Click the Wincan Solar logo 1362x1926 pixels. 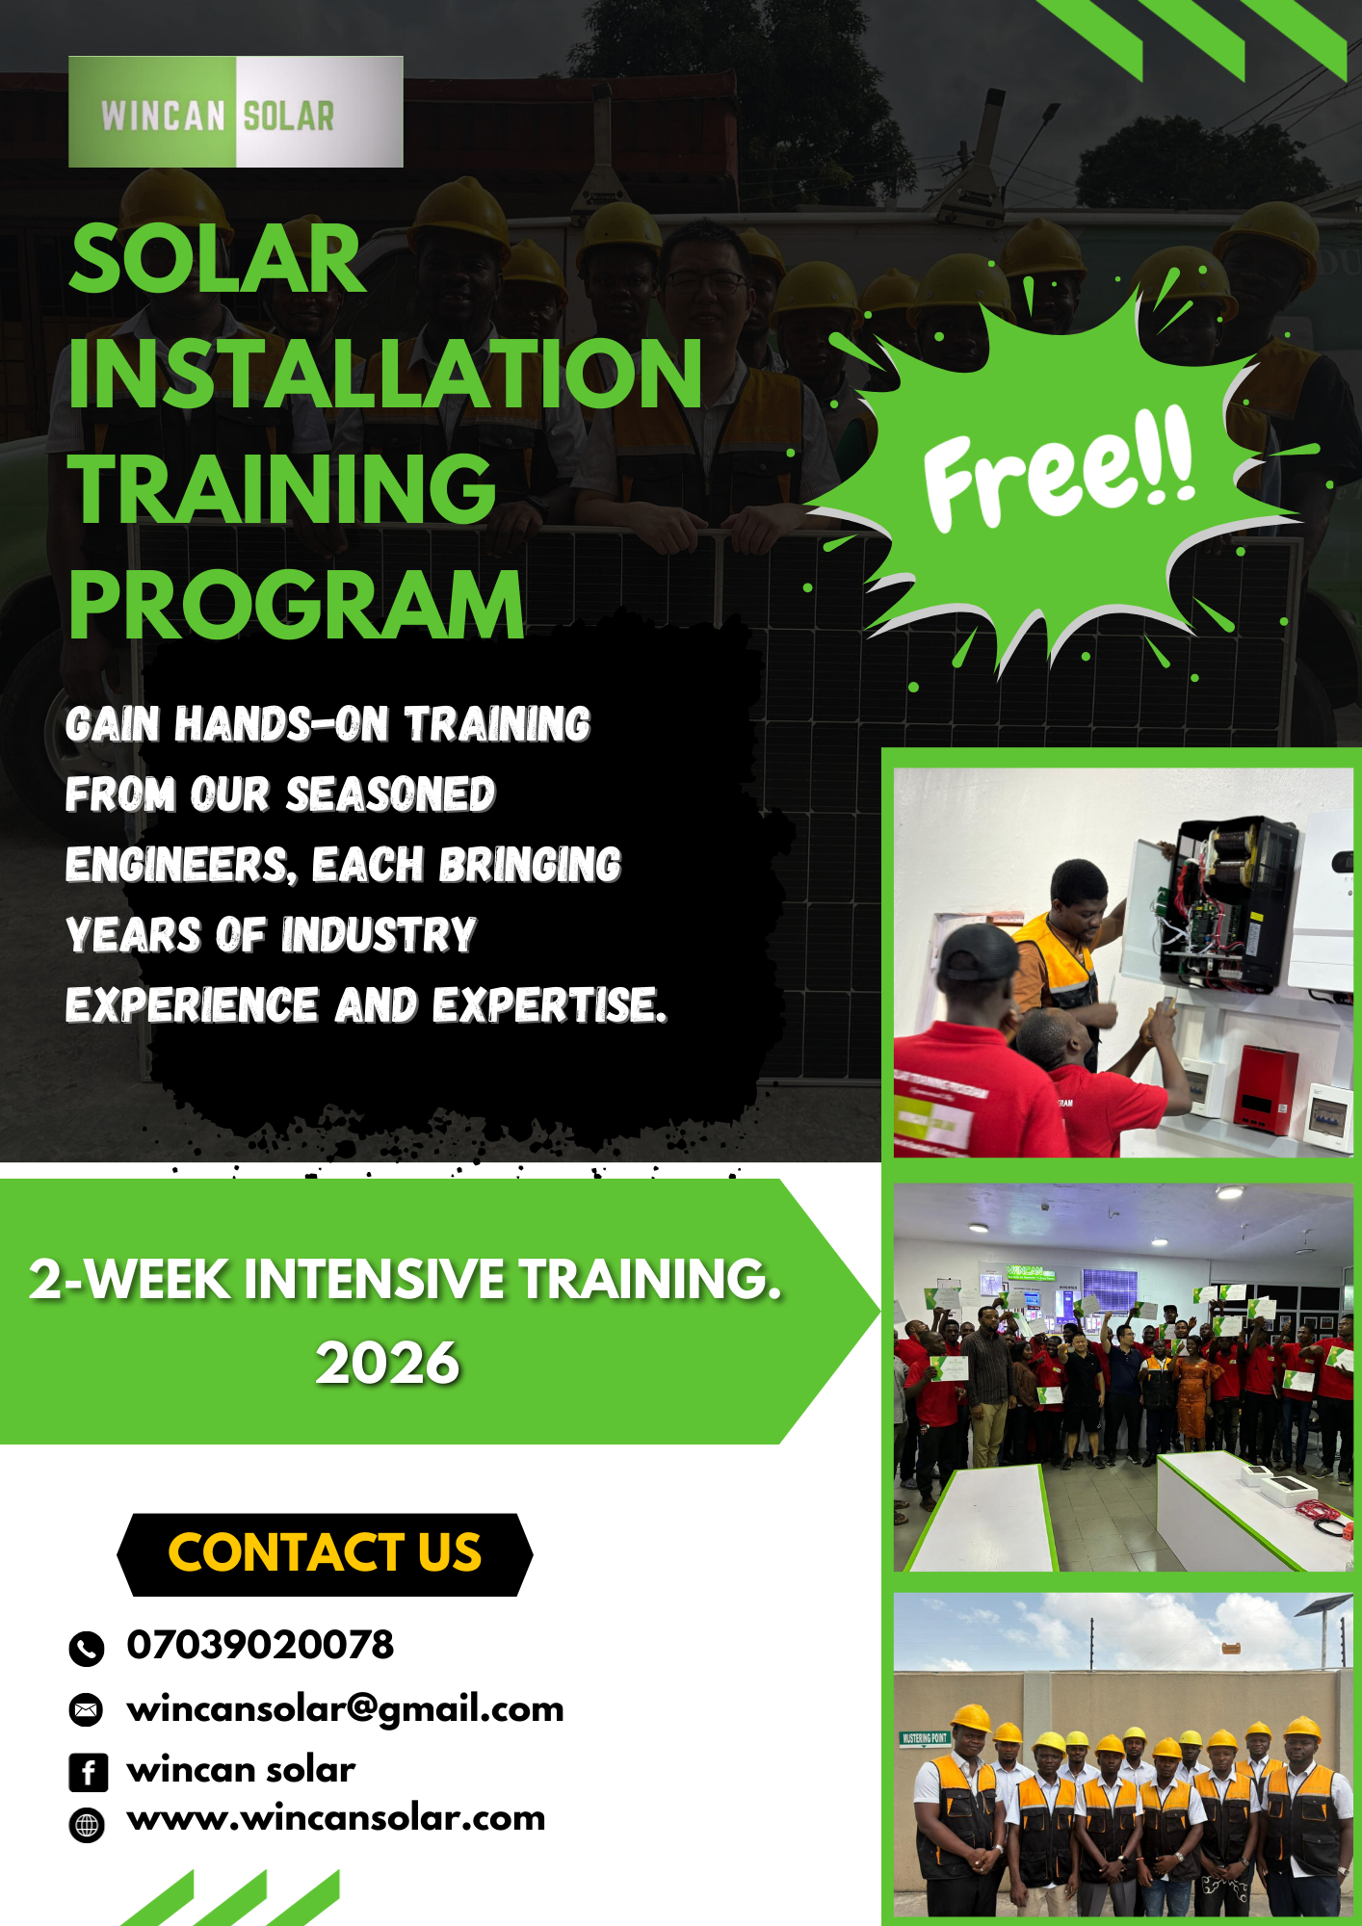click(236, 112)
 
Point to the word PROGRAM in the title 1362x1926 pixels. click(297, 604)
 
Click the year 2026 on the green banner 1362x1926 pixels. click(388, 1363)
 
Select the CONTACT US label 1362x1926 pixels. click(325, 1552)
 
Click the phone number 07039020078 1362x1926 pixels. click(260, 1644)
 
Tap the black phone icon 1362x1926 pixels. click(87, 1649)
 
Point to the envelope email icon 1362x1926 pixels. click(87, 1710)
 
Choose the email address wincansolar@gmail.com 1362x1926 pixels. click(345, 1709)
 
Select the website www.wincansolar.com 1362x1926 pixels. click(336, 1818)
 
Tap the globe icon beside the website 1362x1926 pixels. click(87, 1825)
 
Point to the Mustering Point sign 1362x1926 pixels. click(925, 1738)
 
